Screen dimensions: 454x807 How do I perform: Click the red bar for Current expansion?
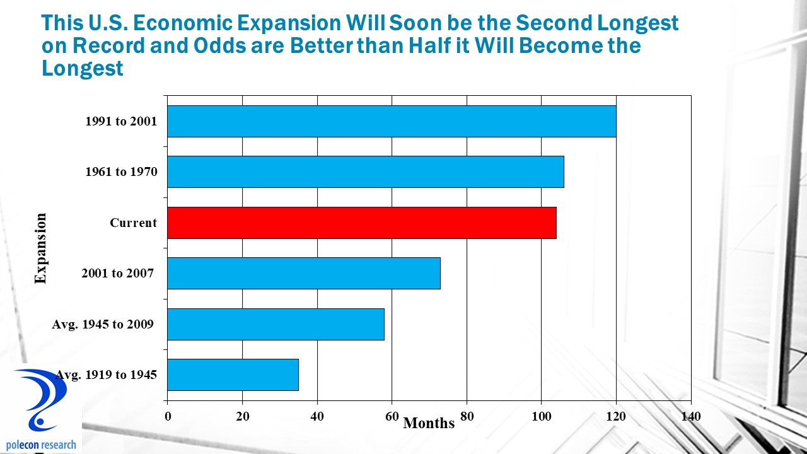tap(361, 223)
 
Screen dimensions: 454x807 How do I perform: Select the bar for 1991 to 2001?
tap(391, 121)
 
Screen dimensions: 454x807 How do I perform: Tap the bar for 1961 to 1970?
tap(365, 172)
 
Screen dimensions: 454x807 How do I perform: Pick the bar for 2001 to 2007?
tap(303, 273)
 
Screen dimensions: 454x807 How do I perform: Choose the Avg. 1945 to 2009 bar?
tap(276, 324)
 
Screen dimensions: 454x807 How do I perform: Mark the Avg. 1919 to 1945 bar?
tap(233, 375)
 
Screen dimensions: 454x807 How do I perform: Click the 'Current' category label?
tap(133, 223)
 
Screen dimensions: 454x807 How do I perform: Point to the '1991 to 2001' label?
tap(121, 121)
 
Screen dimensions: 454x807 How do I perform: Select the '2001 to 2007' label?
tap(117, 273)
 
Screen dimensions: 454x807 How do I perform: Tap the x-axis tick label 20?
tap(242, 416)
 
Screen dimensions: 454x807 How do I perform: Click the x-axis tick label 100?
tap(542, 416)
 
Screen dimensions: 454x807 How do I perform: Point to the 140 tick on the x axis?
tap(691, 416)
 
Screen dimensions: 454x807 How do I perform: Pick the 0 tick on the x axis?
tap(168, 416)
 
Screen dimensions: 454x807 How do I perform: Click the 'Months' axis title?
tap(429, 423)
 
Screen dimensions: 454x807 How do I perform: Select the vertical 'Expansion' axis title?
tap(41, 248)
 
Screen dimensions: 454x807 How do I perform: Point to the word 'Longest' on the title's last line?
tap(83, 68)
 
